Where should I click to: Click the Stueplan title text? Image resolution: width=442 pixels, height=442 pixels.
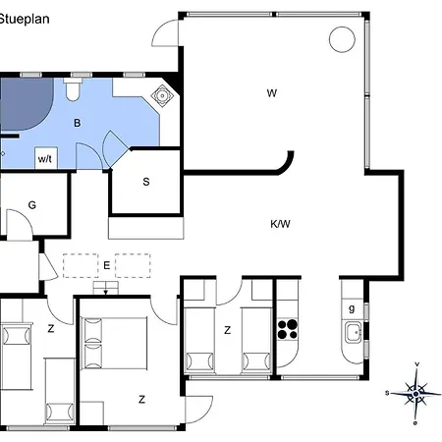pyautogui.click(x=25, y=19)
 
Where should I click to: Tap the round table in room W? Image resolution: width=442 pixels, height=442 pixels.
pyautogui.click(x=342, y=39)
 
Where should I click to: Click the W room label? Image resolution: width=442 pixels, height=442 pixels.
pyautogui.click(x=272, y=93)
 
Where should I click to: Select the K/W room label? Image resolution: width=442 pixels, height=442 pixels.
pyautogui.click(x=280, y=224)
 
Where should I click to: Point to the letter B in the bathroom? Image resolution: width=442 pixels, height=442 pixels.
pyautogui.click(x=78, y=123)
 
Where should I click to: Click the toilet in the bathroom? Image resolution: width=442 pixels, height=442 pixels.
pyautogui.click(x=73, y=89)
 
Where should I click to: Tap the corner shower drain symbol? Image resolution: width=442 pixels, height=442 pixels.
pyautogui.click(x=162, y=95)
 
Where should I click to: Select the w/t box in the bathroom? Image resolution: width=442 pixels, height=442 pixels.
pyautogui.click(x=46, y=158)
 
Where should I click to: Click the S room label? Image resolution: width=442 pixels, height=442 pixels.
pyautogui.click(x=146, y=182)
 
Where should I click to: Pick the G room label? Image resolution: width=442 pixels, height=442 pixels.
pyautogui.click(x=32, y=205)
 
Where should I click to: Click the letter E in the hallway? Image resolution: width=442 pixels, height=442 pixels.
pyautogui.click(x=107, y=265)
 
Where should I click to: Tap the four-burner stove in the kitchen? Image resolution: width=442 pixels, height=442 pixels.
pyautogui.click(x=288, y=329)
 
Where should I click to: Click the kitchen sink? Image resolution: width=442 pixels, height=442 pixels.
pyautogui.click(x=353, y=332)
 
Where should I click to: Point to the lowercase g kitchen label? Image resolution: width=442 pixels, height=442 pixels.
pyautogui.click(x=352, y=308)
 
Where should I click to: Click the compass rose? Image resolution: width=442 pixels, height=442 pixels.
pyautogui.click(x=415, y=393)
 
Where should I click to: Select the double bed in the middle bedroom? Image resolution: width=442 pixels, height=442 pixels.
pyautogui.click(x=114, y=343)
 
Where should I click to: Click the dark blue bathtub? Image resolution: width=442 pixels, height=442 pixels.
pyautogui.click(x=27, y=104)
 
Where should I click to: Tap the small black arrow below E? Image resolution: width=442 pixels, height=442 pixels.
pyautogui.click(x=106, y=292)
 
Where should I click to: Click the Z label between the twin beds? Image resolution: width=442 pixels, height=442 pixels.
pyautogui.click(x=228, y=330)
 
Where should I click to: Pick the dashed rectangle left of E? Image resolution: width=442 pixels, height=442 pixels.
pyautogui.click(x=81, y=265)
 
